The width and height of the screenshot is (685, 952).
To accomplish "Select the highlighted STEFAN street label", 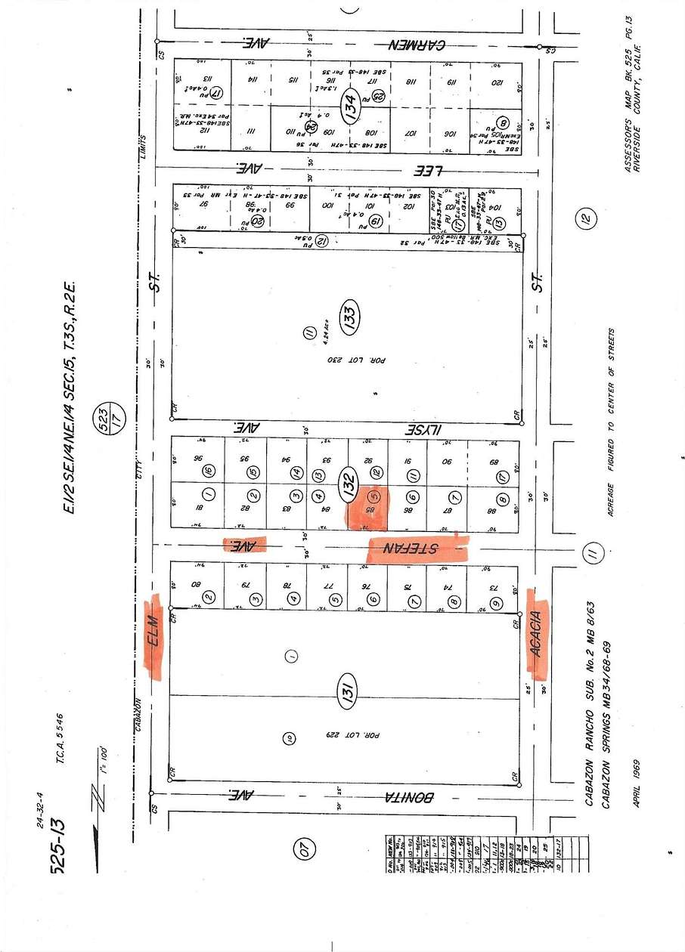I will [417, 549].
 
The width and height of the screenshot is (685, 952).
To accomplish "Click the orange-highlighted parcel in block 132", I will [368, 508].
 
